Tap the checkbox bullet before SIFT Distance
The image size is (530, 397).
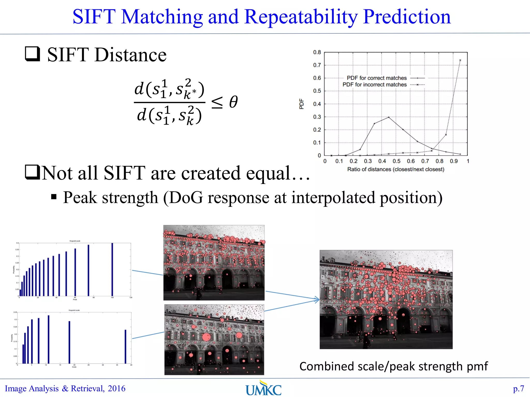point(33,54)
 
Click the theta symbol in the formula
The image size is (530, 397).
point(233,102)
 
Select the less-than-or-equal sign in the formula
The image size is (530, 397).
point(217,102)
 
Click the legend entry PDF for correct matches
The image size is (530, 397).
point(377,78)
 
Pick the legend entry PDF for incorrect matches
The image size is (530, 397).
point(374,85)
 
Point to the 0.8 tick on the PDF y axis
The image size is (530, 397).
point(317,52)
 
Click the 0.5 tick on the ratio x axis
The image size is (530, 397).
point(396,161)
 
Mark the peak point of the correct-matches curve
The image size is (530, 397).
point(389,117)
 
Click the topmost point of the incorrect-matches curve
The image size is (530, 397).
point(460,60)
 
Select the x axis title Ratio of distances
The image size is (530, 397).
point(396,169)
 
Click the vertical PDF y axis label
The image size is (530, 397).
point(301,104)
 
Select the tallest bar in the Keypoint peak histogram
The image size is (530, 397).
point(112,269)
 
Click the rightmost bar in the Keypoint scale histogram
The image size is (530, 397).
point(126,346)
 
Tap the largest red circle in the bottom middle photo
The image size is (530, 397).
point(206,337)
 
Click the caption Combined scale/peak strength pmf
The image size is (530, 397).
point(393,367)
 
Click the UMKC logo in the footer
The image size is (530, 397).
point(263,388)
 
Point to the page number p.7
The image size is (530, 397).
point(518,388)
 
